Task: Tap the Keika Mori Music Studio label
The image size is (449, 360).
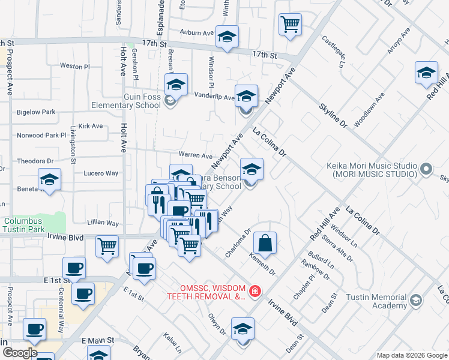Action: coord(372,169)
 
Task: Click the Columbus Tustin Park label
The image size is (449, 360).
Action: coord(23,225)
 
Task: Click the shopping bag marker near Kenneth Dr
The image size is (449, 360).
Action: coord(265,244)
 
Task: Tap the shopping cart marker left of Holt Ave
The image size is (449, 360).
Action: coord(107,245)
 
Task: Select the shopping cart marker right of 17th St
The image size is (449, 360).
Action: coord(290,25)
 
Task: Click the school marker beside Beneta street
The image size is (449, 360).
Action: coord(50,179)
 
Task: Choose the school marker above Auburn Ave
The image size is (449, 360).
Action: coord(227,37)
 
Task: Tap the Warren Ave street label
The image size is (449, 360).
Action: coord(195,155)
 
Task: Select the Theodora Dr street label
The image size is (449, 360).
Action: coord(35,161)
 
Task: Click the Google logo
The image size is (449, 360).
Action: coord(19,353)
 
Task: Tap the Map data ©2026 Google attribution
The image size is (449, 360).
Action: coord(411,355)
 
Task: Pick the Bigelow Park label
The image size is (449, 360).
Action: coord(36,112)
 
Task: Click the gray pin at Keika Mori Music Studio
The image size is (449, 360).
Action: coord(426,169)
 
